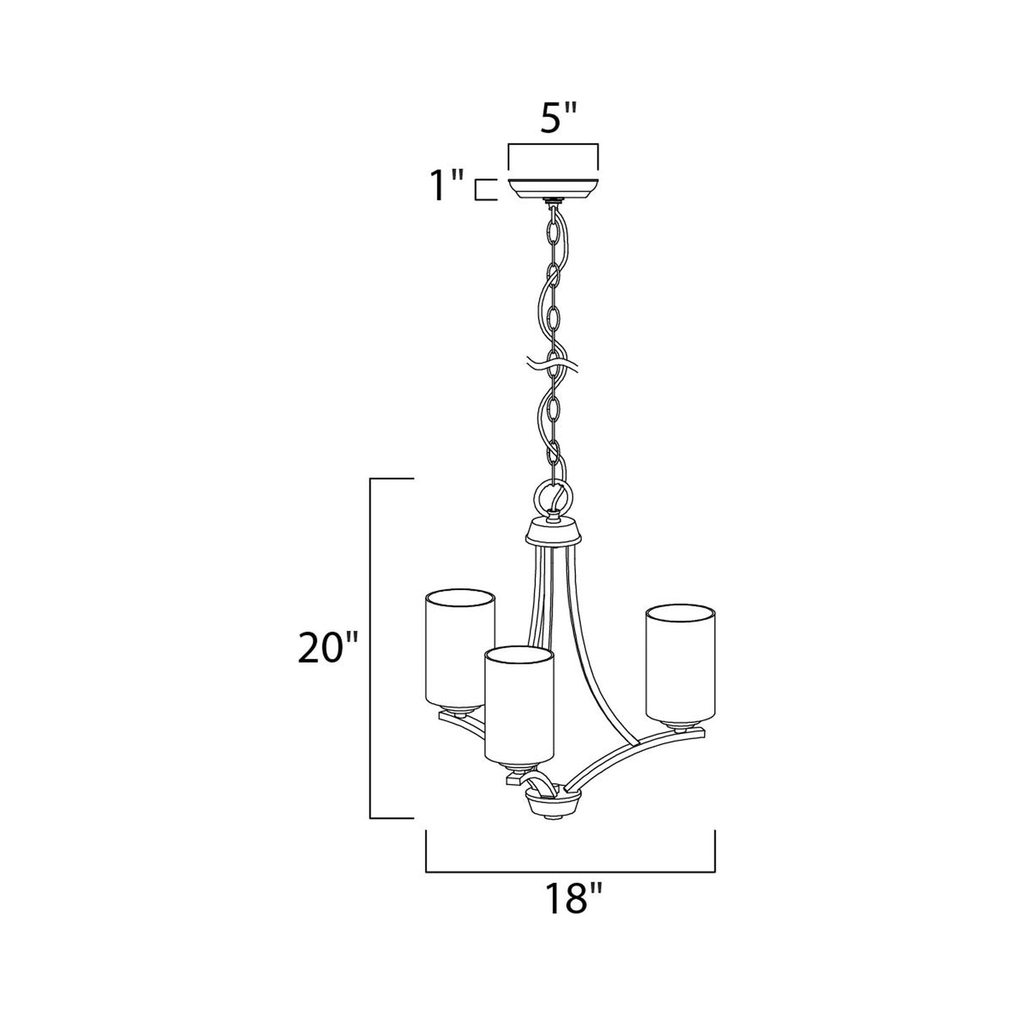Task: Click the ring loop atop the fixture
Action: click(556, 496)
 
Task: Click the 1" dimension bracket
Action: click(481, 190)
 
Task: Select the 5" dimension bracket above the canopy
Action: click(553, 145)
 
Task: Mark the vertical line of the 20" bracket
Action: click(371, 648)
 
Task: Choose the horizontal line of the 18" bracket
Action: click(570, 872)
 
